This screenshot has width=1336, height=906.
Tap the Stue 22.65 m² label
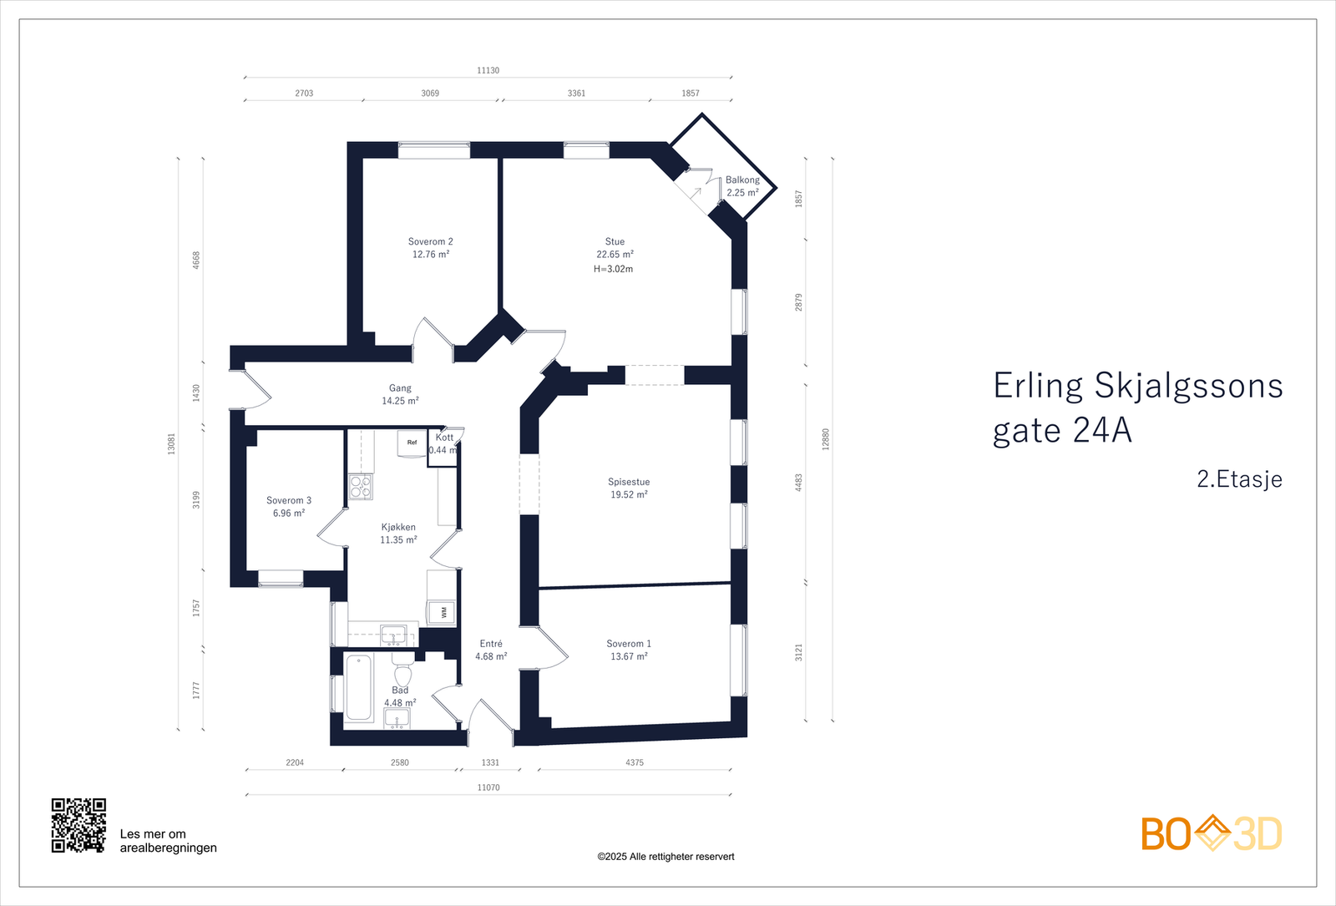click(615, 248)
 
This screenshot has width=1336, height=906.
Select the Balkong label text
click(742, 180)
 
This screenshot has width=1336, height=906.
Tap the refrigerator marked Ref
click(412, 443)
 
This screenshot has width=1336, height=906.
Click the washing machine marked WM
click(443, 612)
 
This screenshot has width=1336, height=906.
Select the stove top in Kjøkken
click(361, 487)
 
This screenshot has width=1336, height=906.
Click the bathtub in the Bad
click(358, 687)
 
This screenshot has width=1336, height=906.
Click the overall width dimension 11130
click(488, 70)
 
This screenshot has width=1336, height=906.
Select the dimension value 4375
click(635, 762)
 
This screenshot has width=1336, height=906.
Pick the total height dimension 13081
click(172, 443)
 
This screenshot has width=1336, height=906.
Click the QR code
click(78, 825)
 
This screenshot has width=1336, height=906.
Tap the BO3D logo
click(1211, 833)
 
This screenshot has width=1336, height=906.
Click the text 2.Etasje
click(1239, 479)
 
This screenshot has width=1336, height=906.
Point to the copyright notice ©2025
click(665, 857)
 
